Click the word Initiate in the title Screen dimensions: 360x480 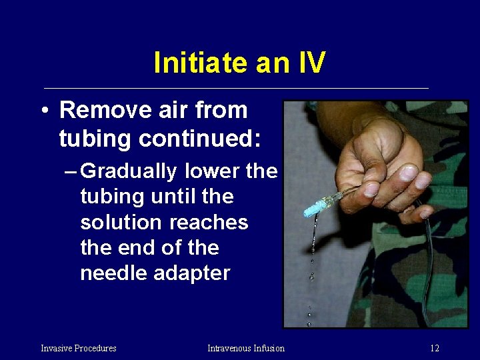[194, 63]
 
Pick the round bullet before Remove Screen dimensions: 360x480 [43, 111]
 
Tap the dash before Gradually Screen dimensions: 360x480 [71, 172]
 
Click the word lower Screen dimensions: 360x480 [212, 171]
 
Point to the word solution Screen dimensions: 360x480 [116, 222]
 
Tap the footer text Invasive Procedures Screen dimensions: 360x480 [79, 348]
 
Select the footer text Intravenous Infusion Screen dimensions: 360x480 [246, 348]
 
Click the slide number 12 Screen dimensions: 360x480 [434, 348]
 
